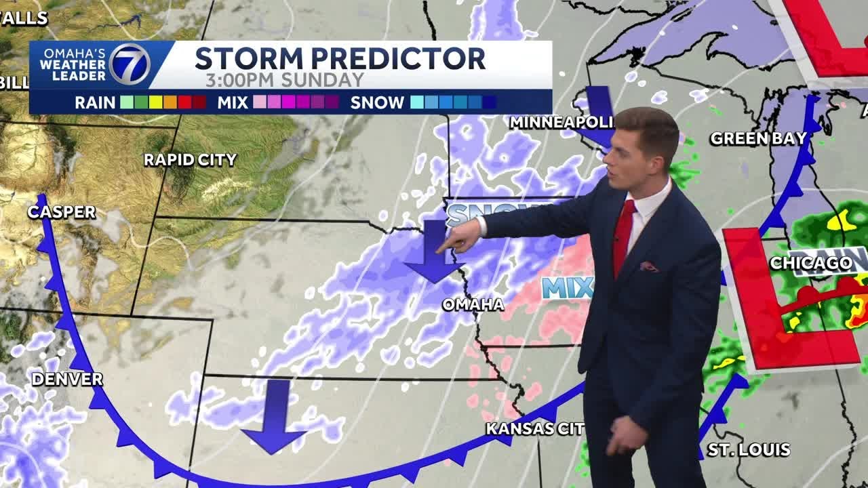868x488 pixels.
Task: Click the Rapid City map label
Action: (190, 160)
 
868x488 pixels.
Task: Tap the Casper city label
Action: (62, 212)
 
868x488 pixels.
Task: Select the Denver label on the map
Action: (67, 379)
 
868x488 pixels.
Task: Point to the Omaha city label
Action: (473, 304)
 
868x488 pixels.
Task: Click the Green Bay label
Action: (758, 139)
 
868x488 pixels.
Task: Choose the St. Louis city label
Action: (749, 449)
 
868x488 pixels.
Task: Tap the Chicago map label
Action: (811, 263)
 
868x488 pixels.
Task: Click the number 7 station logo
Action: (130, 64)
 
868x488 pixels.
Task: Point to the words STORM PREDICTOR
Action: (340, 58)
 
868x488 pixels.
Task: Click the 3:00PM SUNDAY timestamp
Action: (285, 80)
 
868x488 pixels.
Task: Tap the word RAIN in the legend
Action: (95, 103)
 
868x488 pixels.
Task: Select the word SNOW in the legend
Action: (377, 103)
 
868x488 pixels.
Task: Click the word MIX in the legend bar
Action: (233, 103)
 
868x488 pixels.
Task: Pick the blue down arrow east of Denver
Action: (275, 417)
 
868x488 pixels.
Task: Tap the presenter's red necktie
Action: (623, 237)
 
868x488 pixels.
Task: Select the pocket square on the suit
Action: (648, 266)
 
